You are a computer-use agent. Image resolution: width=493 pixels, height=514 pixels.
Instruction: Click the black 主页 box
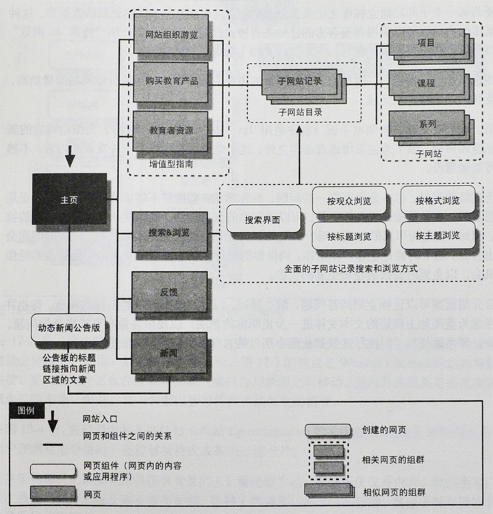pyautogui.click(x=69, y=198)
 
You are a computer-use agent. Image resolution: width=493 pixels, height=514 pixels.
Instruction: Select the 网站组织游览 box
pyautogui.click(x=170, y=34)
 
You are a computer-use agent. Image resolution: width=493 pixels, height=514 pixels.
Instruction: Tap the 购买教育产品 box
pyautogui.click(x=170, y=81)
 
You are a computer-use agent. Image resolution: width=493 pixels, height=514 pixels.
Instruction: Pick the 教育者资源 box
pyautogui.click(x=170, y=129)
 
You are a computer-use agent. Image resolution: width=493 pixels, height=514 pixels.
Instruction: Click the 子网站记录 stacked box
pyautogui.click(x=299, y=81)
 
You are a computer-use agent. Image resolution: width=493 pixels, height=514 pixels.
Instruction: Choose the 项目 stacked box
pyautogui.click(x=426, y=42)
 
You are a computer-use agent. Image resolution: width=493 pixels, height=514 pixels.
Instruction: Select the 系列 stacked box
pyautogui.click(x=426, y=125)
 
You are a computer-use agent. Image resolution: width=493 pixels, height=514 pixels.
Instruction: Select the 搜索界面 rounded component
pyautogui.click(x=262, y=221)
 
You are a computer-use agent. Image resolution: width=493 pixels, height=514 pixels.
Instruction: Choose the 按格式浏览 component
pyautogui.click(x=437, y=201)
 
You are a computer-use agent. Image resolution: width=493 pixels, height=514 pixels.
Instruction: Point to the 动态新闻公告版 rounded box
pyautogui.click(x=69, y=327)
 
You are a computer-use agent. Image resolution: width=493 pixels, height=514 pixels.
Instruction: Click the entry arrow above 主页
pyautogui.click(x=69, y=159)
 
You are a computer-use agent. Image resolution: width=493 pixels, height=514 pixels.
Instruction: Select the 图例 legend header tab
pyautogui.click(x=27, y=411)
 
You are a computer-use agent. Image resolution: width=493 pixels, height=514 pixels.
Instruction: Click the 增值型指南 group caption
pyautogui.click(x=170, y=164)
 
